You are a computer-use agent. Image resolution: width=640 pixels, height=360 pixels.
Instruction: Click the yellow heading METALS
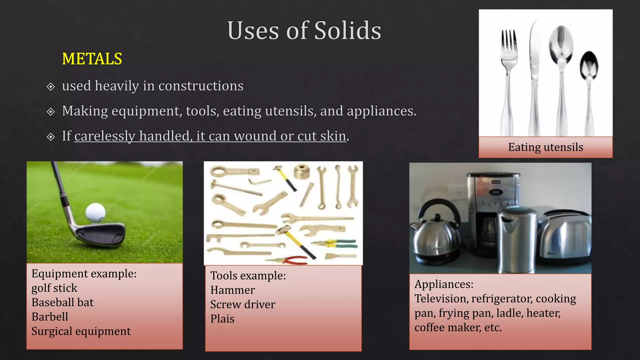(92, 59)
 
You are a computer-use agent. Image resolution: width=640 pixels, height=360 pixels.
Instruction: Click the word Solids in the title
(347, 31)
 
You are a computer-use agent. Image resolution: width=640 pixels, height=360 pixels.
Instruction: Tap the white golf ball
(95, 212)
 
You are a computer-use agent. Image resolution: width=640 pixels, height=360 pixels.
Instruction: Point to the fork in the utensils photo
(508, 78)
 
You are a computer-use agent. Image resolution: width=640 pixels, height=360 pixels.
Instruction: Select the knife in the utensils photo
(534, 78)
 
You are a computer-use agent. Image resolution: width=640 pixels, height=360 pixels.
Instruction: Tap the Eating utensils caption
(546, 147)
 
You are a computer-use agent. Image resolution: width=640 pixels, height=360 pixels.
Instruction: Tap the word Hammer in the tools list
(232, 290)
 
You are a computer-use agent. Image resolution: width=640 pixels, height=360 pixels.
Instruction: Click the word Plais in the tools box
(222, 319)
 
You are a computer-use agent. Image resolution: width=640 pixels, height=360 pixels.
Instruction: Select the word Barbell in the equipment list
(50, 317)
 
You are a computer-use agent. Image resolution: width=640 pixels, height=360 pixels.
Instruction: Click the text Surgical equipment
(81, 331)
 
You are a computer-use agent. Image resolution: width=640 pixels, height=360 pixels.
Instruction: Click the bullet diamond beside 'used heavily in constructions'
(51, 87)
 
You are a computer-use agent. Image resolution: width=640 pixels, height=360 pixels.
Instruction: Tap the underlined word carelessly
(104, 136)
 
